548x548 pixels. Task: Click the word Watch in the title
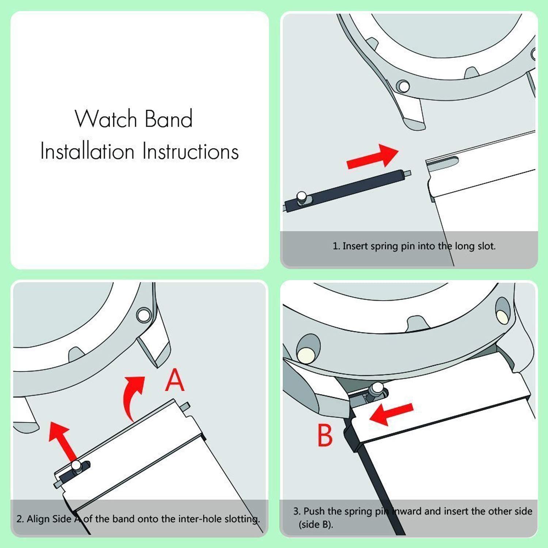tap(106, 119)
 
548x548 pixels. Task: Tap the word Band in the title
tap(168, 119)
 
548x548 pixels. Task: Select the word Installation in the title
tap(87, 151)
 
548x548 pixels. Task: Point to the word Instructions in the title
tap(190, 151)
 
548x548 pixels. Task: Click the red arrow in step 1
tap(372, 157)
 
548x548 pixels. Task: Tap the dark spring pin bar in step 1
tap(347, 191)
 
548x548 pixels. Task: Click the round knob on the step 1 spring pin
tap(302, 197)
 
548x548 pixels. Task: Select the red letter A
tap(175, 380)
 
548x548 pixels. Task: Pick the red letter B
tap(325, 435)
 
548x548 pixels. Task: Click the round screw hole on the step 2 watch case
tap(144, 315)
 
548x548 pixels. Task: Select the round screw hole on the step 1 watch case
tap(403, 87)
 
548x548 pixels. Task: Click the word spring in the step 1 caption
tap(384, 247)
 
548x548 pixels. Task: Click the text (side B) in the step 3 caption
tap(316, 525)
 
